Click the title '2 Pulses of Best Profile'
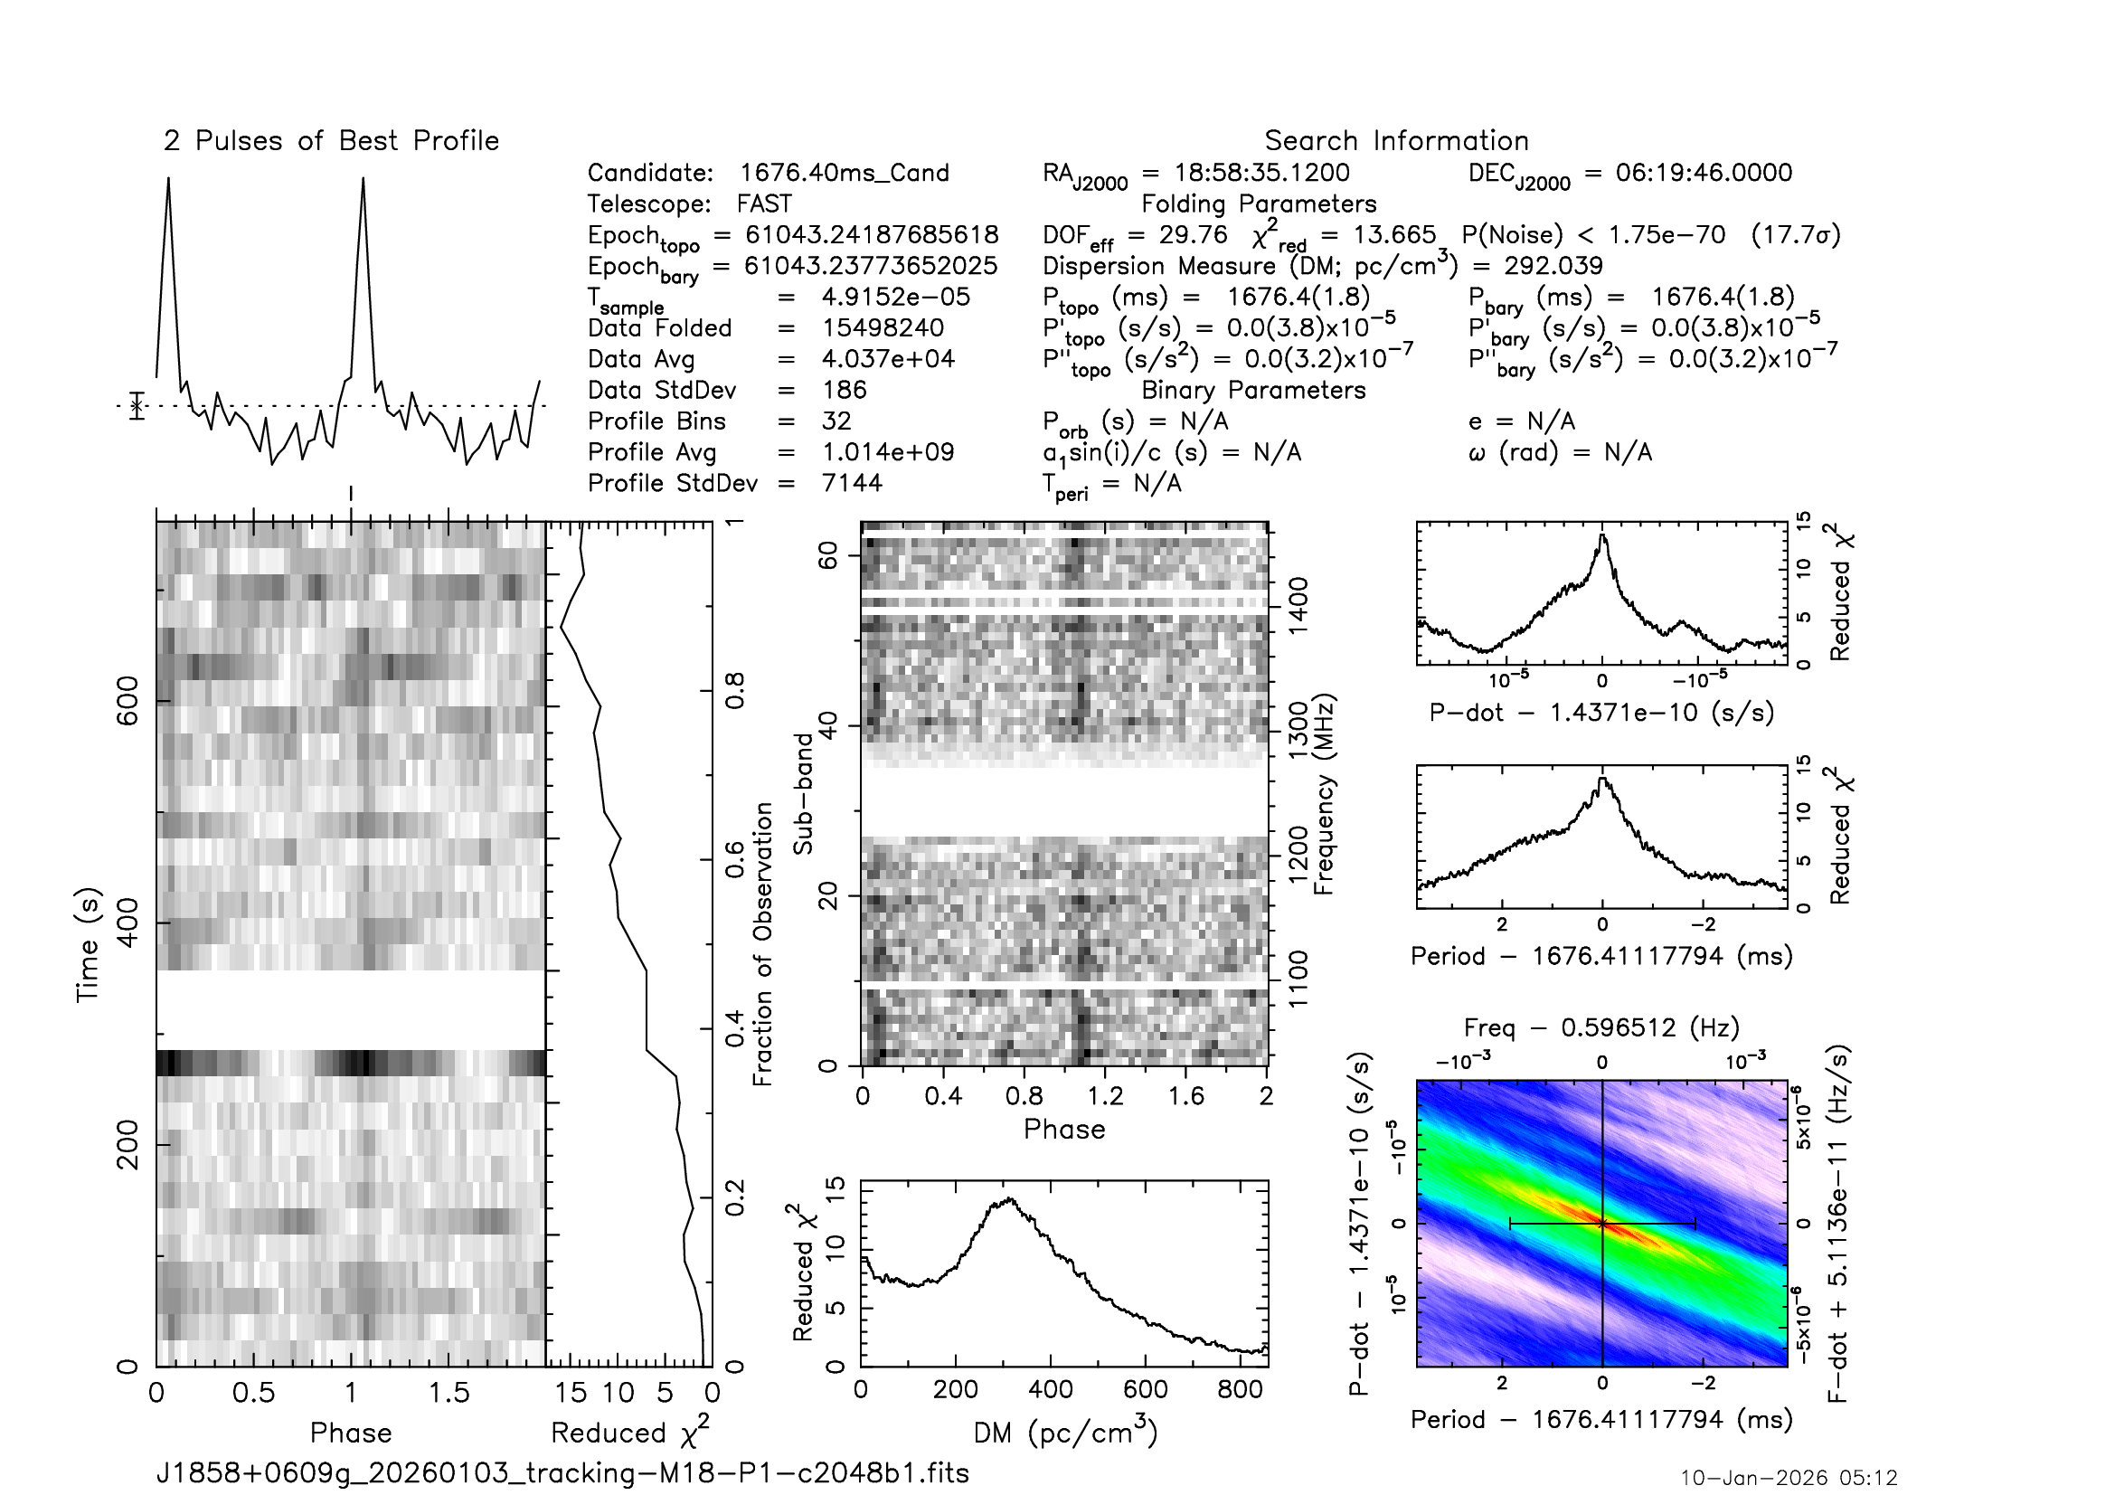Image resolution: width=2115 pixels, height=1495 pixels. point(331,141)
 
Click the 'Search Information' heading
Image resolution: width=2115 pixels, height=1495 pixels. point(1395,141)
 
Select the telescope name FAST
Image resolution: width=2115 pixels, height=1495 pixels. point(764,203)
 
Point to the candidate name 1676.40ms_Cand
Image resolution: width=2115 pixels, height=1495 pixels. point(844,173)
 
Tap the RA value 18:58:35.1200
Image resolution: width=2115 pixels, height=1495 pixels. point(1261,173)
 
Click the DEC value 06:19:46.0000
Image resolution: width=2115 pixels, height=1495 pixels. point(1704,173)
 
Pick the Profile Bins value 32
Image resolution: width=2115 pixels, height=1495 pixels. point(836,421)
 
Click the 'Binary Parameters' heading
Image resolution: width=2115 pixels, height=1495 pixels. point(1252,391)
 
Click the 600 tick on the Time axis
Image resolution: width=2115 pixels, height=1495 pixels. point(127,701)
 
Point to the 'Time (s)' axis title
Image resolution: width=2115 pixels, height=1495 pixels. point(88,944)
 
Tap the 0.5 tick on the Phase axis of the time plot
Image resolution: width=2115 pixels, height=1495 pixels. point(253,1393)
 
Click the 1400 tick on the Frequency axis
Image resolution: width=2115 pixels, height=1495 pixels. point(1298,605)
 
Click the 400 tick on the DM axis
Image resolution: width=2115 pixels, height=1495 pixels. point(1050,1389)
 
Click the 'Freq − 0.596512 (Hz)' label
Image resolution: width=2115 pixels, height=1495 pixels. point(1601,1028)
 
